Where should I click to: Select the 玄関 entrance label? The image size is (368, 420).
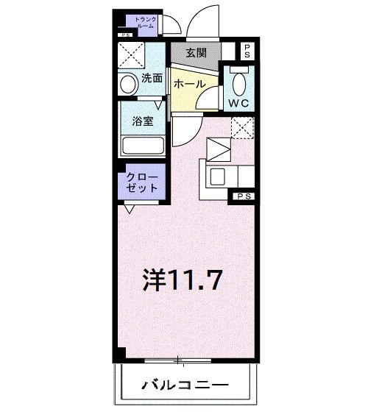point(196,52)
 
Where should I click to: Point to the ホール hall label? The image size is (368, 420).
point(189,85)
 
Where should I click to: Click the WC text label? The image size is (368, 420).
point(239,103)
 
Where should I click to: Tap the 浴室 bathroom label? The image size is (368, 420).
point(143,121)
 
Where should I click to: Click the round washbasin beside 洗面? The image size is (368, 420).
point(128,84)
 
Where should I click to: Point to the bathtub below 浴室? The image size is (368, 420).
point(143,145)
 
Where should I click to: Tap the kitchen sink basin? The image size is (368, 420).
point(219,177)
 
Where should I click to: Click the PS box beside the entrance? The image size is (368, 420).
point(248,51)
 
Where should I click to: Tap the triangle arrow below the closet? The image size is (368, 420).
point(130,209)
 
